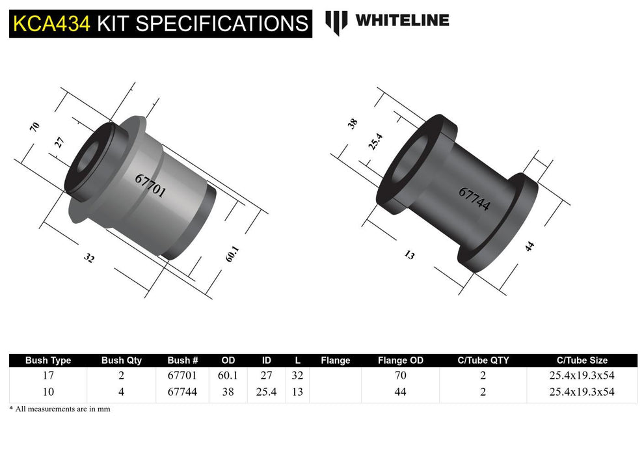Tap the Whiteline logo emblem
[x=336, y=22]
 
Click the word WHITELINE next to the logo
[x=401, y=21]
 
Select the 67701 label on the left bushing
[x=150, y=186]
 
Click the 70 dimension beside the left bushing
[x=35, y=127]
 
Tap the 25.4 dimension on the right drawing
[x=375, y=141]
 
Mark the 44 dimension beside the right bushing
[x=530, y=247]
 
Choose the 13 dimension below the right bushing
[x=409, y=255]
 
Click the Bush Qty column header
[x=121, y=360]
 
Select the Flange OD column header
[x=400, y=360]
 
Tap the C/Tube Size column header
[x=582, y=360]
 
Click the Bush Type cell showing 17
[x=47, y=375]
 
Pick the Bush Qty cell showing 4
[x=121, y=392]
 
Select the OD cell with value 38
[x=228, y=392]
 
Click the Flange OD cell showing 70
[x=400, y=375]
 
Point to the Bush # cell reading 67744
[x=183, y=392]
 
